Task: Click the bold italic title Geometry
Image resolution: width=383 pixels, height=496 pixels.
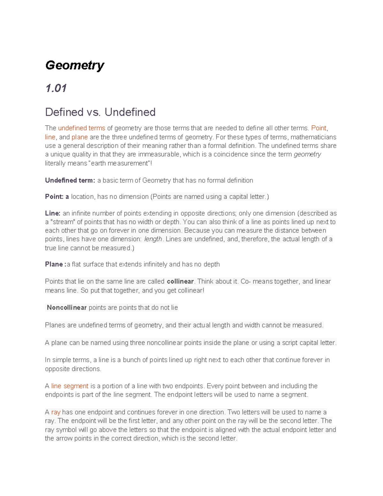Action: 75,65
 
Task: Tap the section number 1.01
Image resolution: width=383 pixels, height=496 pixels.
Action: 56,88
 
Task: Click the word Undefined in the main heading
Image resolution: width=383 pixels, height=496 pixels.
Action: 130,112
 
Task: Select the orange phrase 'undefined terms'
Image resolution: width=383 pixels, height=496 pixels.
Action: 81,128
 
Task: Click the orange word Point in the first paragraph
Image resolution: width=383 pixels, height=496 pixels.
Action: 319,128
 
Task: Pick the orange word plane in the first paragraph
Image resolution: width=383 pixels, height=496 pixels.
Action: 79,137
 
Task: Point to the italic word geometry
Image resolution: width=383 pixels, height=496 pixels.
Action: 307,155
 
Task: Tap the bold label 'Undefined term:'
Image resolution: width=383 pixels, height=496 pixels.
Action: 70,180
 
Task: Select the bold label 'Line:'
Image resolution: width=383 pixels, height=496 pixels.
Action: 53,213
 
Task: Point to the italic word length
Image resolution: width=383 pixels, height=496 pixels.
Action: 153,239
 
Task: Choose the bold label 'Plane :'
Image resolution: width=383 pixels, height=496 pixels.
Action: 56,264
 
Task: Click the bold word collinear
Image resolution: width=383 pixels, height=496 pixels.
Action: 180,281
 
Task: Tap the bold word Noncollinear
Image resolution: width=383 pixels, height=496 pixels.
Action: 67,308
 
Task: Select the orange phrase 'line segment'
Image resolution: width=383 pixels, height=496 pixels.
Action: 70,386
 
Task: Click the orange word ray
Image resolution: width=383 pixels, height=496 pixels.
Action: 56,412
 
